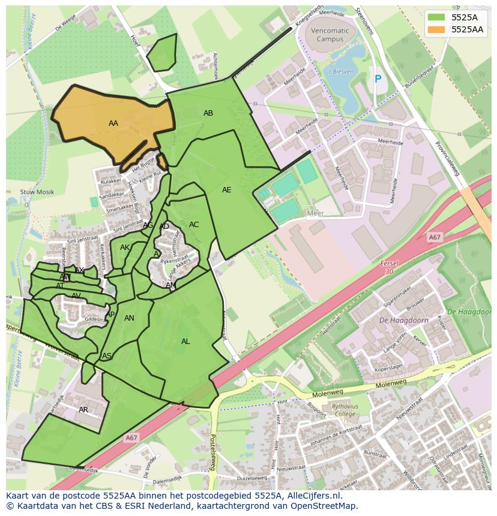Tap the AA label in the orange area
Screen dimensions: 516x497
coord(113,123)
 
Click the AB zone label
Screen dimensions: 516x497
coord(208,113)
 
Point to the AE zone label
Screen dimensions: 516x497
coord(226,190)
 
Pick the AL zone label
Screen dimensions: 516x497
coord(185,342)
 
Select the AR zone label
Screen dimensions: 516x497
coord(83,410)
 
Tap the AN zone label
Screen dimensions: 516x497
coord(129,318)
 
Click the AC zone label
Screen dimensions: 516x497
coord(194,225)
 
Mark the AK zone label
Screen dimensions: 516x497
coord(125,248)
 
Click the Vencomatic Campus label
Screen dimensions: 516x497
coord(330,35)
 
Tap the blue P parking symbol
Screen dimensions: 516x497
coord(378,79)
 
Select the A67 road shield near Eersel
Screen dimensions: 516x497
coord(435,238)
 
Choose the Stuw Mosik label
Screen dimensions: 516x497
coord(37,192)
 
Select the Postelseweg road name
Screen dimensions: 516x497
coord(212,453)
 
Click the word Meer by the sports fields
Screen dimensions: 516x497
coord(315,213)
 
